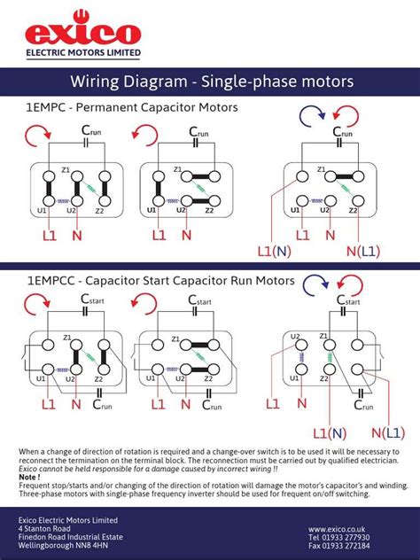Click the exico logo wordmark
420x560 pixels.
82,34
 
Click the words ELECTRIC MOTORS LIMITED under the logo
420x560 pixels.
82,53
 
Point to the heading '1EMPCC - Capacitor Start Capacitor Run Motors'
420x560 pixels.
160,281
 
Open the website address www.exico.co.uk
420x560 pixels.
338,528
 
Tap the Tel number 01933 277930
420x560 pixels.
339,537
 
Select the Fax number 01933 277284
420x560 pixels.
339,547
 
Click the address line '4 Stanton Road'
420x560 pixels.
47,528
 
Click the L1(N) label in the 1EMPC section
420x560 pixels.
275,252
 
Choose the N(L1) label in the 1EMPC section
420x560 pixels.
363,252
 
